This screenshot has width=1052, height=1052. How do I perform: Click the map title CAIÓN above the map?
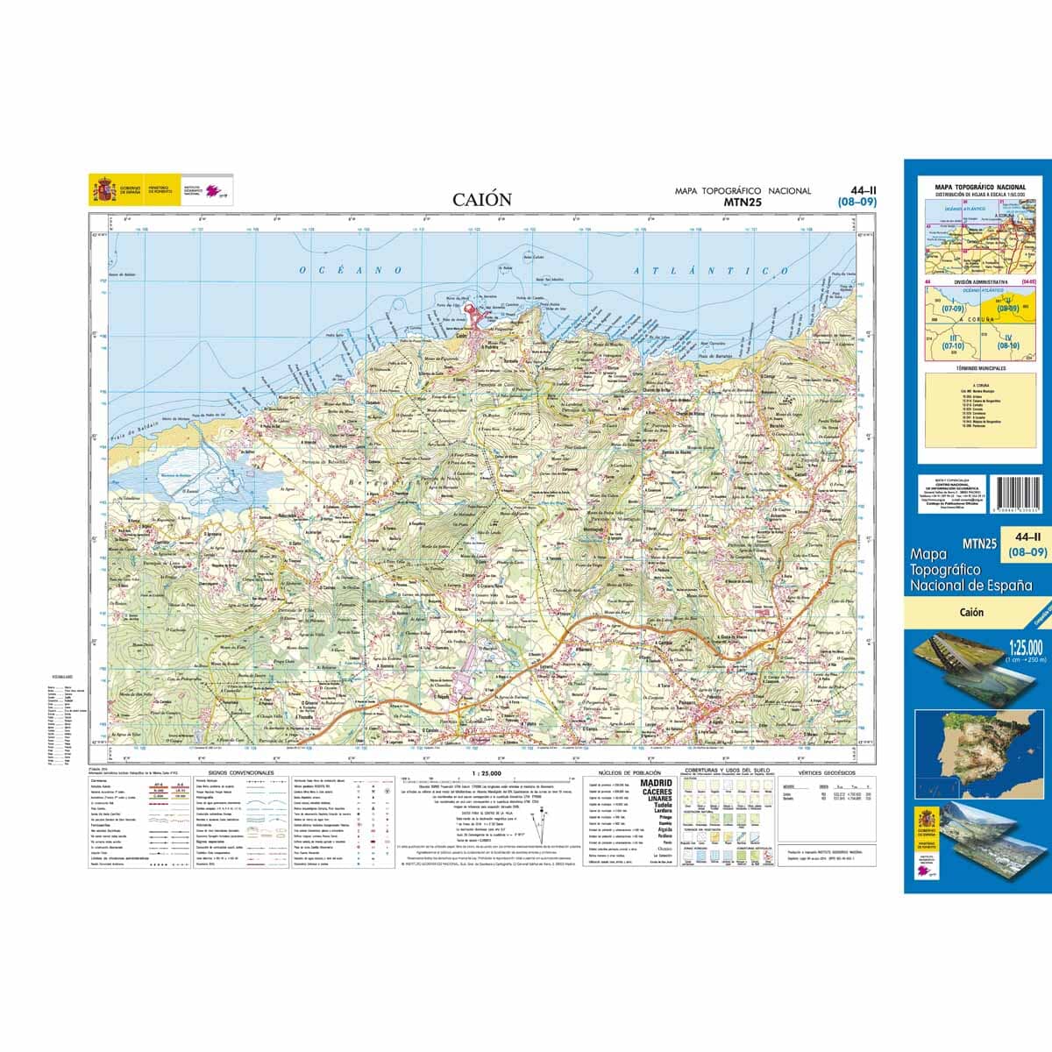pos(482,199)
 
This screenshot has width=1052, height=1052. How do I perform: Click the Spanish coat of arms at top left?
pos(103,189)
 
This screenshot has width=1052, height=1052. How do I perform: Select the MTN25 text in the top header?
pos(743,201)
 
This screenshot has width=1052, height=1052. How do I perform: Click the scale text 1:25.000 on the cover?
pos(1026,647)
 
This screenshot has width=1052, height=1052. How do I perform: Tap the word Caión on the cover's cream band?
pos(970,613)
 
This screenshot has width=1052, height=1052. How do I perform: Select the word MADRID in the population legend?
pos(657,783)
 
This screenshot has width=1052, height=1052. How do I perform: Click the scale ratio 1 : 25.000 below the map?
pos(487,773)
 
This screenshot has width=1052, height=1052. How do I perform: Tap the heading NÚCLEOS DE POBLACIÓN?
pos(623,773)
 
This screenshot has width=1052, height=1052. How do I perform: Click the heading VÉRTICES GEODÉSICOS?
pos(821,773)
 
